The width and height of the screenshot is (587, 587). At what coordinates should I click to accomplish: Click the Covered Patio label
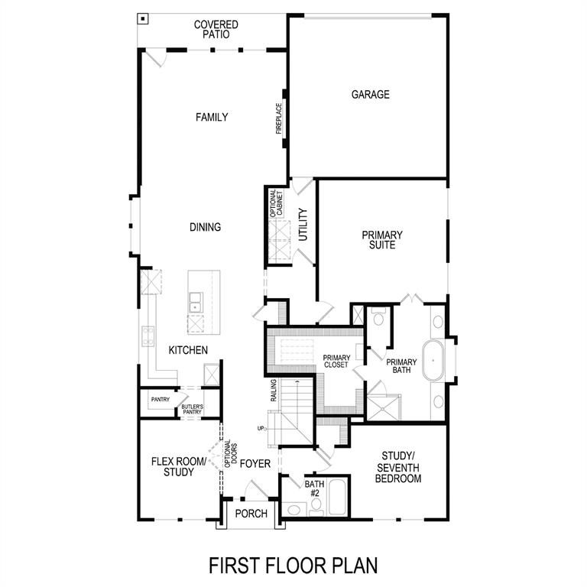[216, 30]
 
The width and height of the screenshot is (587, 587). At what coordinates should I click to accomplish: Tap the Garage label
[370, 95]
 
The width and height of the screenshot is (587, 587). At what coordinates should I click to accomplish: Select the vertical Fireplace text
[280, 119]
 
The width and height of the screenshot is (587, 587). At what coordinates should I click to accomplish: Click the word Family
[212, 117]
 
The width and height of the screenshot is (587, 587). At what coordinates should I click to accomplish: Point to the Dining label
[205, 227]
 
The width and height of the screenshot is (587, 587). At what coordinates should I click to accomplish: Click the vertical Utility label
[303, 225]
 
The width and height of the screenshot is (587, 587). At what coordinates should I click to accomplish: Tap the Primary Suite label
[381, 240]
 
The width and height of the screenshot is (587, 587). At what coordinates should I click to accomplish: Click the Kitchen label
[188, 349]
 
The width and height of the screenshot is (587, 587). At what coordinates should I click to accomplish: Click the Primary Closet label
[336, 362]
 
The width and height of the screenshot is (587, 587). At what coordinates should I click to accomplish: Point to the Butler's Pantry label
[192, 409]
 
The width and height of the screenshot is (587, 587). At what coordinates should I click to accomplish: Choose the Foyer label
[255, 463]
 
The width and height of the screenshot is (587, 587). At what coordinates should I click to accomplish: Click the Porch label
[251, 514]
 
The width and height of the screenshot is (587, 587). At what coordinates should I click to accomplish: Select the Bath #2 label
[314, 488]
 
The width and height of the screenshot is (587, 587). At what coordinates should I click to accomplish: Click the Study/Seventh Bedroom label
[401, 467]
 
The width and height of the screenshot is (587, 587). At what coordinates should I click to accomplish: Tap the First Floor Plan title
[293, 566]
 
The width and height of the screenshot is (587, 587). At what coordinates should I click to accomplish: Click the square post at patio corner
[143, 18]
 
